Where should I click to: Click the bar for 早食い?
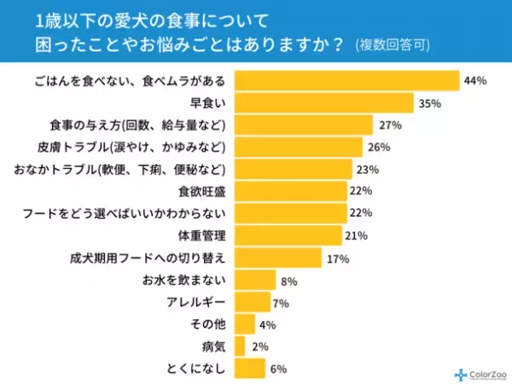tap(323, 102)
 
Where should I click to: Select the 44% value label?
tap(474, 81)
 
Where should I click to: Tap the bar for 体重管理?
tap(288, 236)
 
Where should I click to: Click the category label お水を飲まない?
tap(185, 280)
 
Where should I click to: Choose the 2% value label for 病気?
tap(259, 346)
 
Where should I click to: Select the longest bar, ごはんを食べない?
tap(346, 81)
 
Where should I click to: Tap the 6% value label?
tap(278, 369)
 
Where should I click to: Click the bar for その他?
tap(244, 324)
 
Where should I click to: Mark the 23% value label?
tap(367, 169)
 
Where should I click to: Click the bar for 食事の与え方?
tap(303, 125)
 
